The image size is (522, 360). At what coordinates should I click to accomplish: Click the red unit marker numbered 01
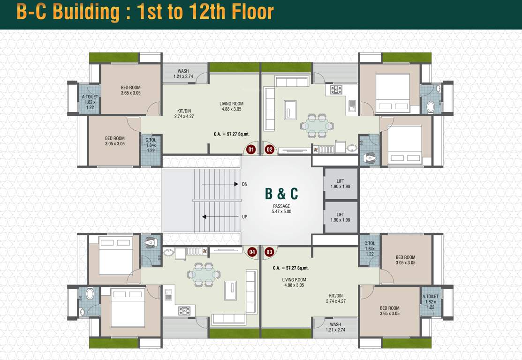[x=251, y=150]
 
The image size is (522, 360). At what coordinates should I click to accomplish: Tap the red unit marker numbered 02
[x=270, y=150]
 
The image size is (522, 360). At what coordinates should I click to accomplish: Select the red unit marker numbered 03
[x=269, y=252]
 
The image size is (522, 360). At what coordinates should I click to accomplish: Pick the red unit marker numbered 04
[x=252, y=252]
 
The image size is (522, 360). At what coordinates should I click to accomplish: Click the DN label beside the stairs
[x=244, y=184]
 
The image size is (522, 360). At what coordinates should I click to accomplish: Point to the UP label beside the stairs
[x=244, y=217]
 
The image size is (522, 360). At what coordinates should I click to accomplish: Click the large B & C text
[x=281, y=194]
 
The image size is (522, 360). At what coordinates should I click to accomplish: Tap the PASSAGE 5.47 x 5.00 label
[x=281, y=209]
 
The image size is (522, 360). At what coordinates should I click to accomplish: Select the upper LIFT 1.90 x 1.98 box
[x=340, y=184]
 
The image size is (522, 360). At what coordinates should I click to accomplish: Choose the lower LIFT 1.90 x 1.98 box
[x=340, y=217]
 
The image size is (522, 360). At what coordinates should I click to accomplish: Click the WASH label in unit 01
[x=183, y=71]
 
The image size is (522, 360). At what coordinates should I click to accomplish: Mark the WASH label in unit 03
[x=335, y=324]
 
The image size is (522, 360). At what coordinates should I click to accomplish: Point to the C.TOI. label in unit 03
[x=370, y=243]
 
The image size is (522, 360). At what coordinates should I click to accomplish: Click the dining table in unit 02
[x=317, y=125]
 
